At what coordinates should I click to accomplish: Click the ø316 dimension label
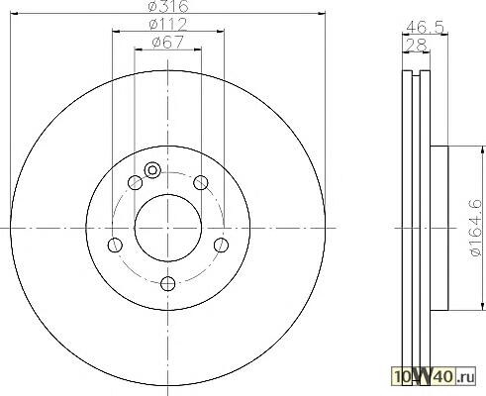click(x=168, y=6)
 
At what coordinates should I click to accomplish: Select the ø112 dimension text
click(x=168, y=24)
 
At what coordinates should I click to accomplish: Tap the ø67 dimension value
click(x=167, y=43)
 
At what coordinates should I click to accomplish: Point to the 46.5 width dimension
click(x=425, y=27)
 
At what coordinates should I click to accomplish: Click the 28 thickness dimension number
click(x=417, y=46)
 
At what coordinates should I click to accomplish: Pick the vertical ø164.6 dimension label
click(x=475, y=228)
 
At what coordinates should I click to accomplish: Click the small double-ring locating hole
click(x=152, y=170)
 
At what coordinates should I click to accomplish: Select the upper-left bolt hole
click(x=135, y=182)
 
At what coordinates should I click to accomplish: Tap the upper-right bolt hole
click(x=201, y=182)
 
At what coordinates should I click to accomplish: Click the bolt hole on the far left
click(x=115, y=245)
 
